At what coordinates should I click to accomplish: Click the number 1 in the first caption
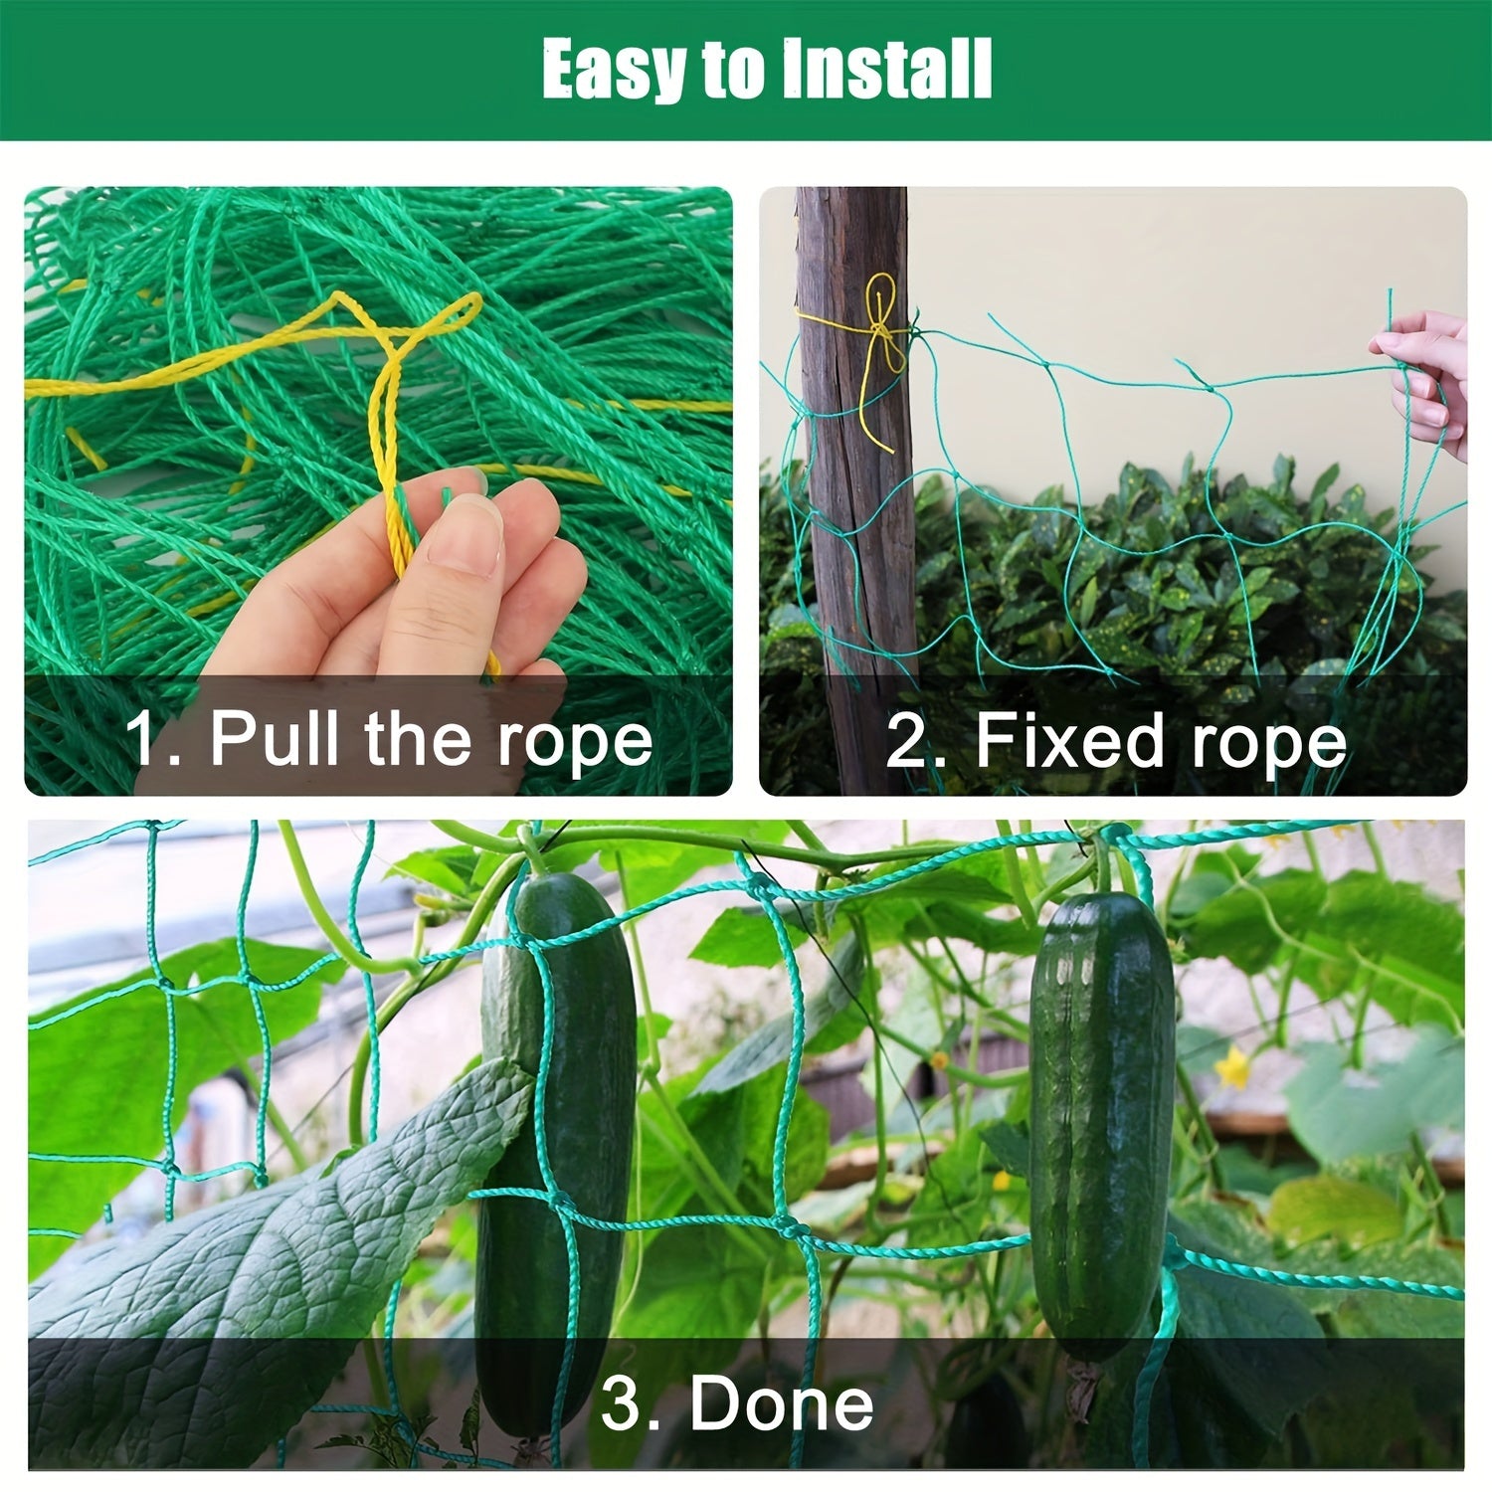(141, 740)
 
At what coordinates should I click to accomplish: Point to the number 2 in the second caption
(906, 742)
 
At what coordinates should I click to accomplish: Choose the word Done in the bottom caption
(782, 1403)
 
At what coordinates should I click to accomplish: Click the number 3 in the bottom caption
(624, 1403)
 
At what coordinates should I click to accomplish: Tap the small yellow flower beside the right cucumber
(1233, 1068)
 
